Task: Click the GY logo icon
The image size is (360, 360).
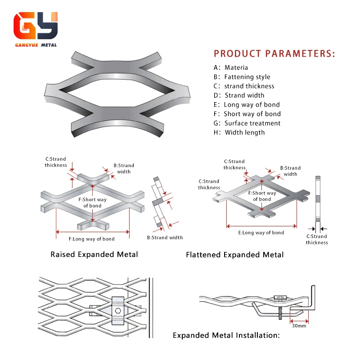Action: (x=36, y=26)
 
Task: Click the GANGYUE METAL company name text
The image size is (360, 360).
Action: (x=36, y=45)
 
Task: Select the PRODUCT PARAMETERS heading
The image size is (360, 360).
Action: (x=274, y=54)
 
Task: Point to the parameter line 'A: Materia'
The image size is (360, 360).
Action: (x=231, y=67)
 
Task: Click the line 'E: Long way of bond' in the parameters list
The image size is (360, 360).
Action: (x=247, y=105)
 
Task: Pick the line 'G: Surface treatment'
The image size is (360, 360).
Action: (x=247, y=123)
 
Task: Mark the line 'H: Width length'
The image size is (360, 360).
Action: (x=239, y=133)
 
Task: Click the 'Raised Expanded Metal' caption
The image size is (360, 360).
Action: (x=94, y=254)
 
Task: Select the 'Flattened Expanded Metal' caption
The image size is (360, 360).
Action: (x=235, y=255)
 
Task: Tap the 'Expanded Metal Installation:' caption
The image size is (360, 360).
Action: (x=226, y=335)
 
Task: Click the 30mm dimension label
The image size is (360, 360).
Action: (x=299, y=325)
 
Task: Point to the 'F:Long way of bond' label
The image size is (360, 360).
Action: (x=91, y=239)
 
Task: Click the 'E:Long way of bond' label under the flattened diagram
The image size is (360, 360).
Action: (x=261, y=233)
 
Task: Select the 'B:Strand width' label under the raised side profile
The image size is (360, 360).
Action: (x=165, y=238)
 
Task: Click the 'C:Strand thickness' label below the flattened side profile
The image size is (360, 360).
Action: (x=317, y=239)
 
